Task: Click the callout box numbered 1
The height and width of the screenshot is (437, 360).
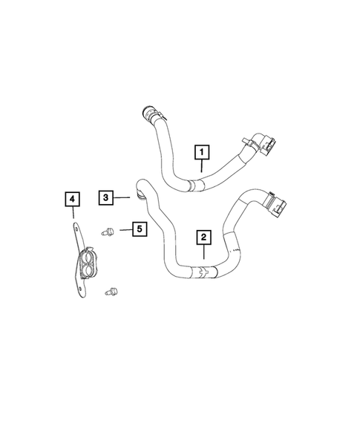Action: [201, 152]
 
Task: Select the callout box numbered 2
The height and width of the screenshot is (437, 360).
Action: [203, 237]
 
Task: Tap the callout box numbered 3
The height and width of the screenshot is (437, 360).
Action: [107, 197]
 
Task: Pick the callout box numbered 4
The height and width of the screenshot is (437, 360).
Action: [71, 199]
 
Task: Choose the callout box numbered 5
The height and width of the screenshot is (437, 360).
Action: [138, 229]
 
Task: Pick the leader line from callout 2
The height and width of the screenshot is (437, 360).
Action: [203, 257]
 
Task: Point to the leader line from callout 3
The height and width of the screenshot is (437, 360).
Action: [123, 197]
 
